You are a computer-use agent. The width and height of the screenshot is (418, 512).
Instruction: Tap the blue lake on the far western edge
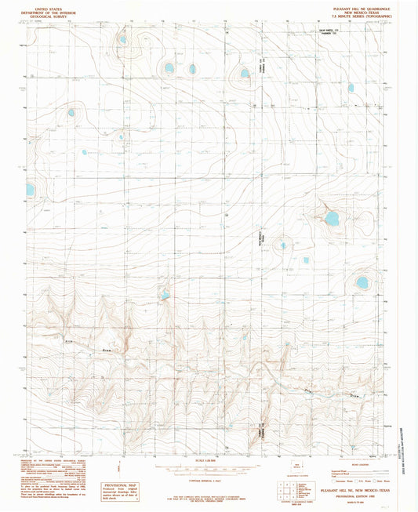[x=30, y=190]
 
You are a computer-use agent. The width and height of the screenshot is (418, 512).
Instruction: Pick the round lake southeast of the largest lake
[x=362, y=281]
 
